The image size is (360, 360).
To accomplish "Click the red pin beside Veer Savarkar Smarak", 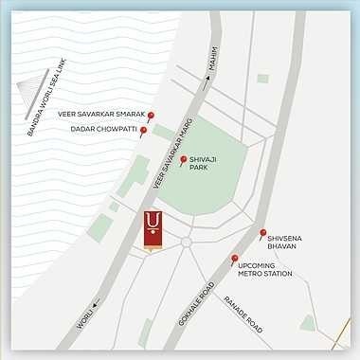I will click(150, 116).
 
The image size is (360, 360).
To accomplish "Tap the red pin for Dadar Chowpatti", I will click(143, 132).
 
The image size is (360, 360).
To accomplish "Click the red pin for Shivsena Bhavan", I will click(262, 233).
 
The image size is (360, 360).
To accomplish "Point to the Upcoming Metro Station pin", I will click(234, 259).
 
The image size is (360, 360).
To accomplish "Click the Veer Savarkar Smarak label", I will click(100, 115).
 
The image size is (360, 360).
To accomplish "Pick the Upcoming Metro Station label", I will click(265, 270).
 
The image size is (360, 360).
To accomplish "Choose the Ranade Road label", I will click(241, 313).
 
